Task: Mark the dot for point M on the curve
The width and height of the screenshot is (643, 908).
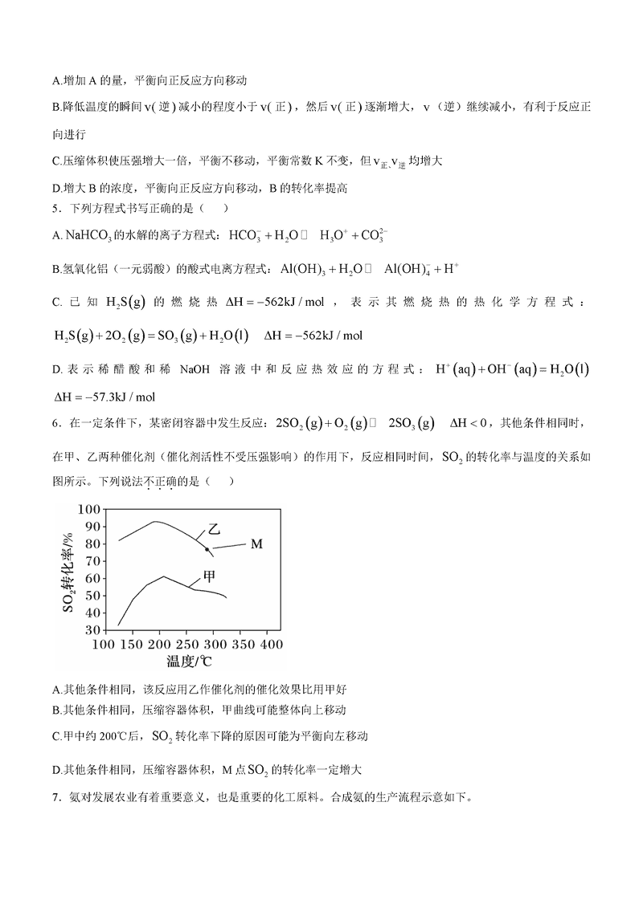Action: point(207,549)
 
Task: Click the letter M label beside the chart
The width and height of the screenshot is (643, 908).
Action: point(256,544)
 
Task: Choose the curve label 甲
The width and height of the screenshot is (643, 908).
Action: point(208,576)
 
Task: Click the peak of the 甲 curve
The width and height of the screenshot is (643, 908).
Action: point(163,576)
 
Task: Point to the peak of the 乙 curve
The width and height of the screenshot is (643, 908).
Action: point(155,522)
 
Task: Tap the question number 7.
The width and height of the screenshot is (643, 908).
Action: point(55,797)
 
